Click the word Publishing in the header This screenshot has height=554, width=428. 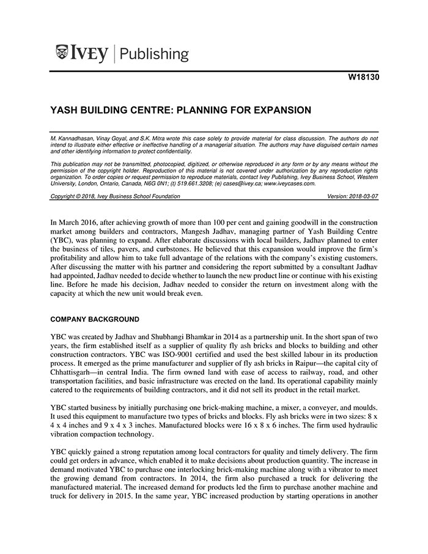pos(154,54)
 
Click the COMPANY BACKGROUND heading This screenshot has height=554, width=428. pos(95,319)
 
